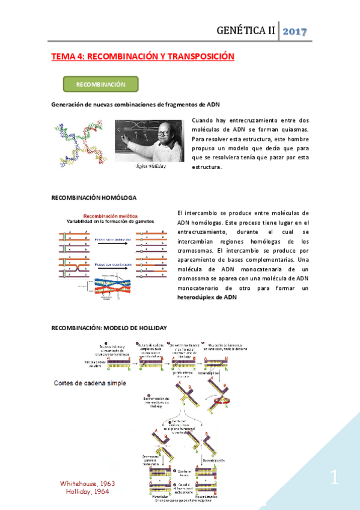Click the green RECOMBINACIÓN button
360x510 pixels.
(x=101, y=84)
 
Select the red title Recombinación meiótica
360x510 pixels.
(x=110, y=215)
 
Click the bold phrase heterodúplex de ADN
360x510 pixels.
(x=207, y=298)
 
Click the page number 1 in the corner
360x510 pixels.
(x=335, y=479)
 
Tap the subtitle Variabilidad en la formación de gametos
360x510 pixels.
(x=109, y=221)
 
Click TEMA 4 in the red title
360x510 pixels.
(x=68, y=56)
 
